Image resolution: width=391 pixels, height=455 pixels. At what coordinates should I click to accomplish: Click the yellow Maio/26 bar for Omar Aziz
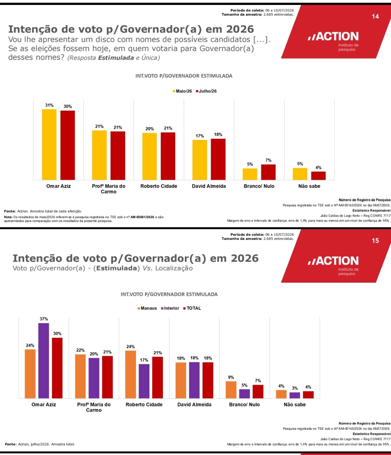point(49,145)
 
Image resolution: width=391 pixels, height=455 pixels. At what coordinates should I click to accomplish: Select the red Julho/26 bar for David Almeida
point(218,159)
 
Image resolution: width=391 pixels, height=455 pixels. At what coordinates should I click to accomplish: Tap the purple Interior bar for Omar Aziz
point(44,361)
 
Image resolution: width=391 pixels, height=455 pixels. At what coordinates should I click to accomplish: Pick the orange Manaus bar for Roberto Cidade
point(131,374)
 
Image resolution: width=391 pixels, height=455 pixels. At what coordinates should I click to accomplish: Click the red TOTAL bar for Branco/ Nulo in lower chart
point(258,391)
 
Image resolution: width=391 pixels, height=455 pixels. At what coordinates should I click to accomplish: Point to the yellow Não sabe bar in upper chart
point(300,174)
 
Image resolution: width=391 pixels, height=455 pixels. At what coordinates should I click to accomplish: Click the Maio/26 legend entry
point(182,91)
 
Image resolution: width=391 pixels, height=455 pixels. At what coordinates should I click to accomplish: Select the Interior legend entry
point(170,308)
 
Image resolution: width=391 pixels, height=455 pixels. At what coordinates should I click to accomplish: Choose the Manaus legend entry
point(147,308)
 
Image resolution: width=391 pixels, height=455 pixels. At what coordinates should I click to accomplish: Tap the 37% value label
point(44,319)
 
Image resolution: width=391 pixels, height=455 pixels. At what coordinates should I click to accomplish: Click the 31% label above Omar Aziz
point(49,105)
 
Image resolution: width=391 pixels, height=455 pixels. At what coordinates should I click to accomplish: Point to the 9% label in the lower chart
point(231,377)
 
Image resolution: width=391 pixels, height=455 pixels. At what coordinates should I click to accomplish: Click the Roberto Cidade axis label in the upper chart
point(158,186)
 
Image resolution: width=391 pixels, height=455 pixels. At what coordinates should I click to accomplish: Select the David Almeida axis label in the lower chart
point(194,405)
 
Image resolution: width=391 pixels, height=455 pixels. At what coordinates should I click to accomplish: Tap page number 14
point(375,16)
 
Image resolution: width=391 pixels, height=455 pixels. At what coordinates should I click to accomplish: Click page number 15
point(375,241)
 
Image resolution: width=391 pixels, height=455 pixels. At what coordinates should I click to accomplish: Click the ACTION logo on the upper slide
point(333,36)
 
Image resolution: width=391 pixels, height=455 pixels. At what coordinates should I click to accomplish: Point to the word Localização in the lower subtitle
point(174,268)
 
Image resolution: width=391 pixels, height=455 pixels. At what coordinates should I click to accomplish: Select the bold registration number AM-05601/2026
point(142,217)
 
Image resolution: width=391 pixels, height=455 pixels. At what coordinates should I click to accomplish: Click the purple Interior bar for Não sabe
point(294,395)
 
